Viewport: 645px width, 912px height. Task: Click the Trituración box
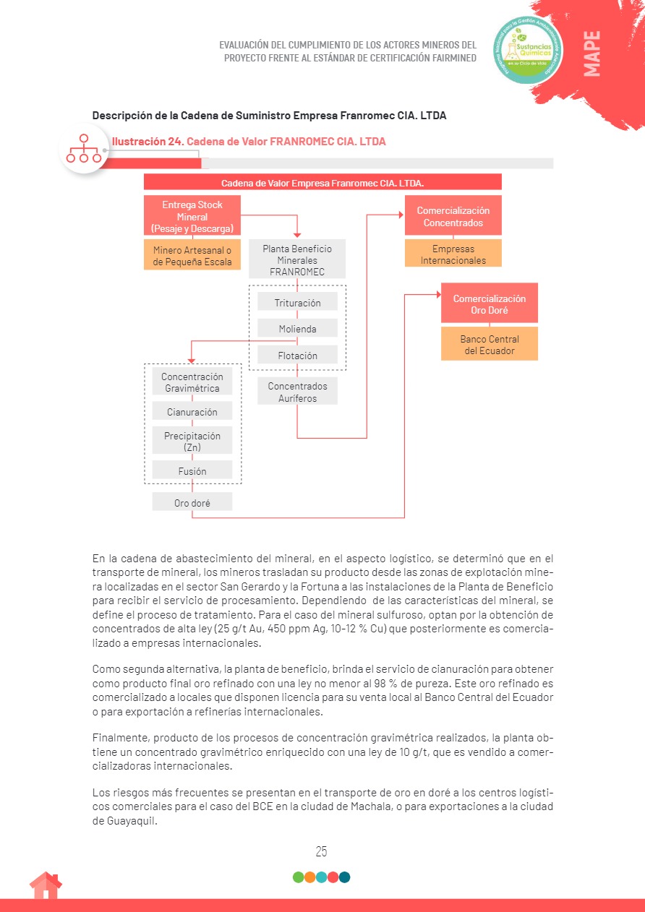[x=297, y=303]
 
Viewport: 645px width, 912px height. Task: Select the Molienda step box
[x=297, y=329]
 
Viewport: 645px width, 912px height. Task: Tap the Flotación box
[x=297, y=356]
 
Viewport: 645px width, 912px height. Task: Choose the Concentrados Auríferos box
[x=297, y=392]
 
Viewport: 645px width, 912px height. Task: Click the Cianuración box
[x=192, y=412]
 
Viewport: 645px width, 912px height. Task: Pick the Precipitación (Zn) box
[x=192, y=442]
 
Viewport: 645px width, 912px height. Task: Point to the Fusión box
[x=192, y=471]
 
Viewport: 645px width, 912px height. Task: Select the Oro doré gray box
[x=192, y=502]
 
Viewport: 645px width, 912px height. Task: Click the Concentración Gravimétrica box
[x=192, y=382]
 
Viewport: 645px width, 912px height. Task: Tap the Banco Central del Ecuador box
[x=490, y=345]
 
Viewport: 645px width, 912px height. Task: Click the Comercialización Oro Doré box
[x=490, y=304]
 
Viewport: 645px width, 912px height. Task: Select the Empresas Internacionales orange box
[x=453, y=254]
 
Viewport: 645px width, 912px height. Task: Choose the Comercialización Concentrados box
[x=453, y=216]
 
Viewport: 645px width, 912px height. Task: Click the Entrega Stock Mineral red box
[x=192, y=216]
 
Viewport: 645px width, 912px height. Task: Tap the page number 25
[x=322, y=851]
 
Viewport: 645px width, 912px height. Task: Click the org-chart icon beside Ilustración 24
[x=84, y=148]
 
